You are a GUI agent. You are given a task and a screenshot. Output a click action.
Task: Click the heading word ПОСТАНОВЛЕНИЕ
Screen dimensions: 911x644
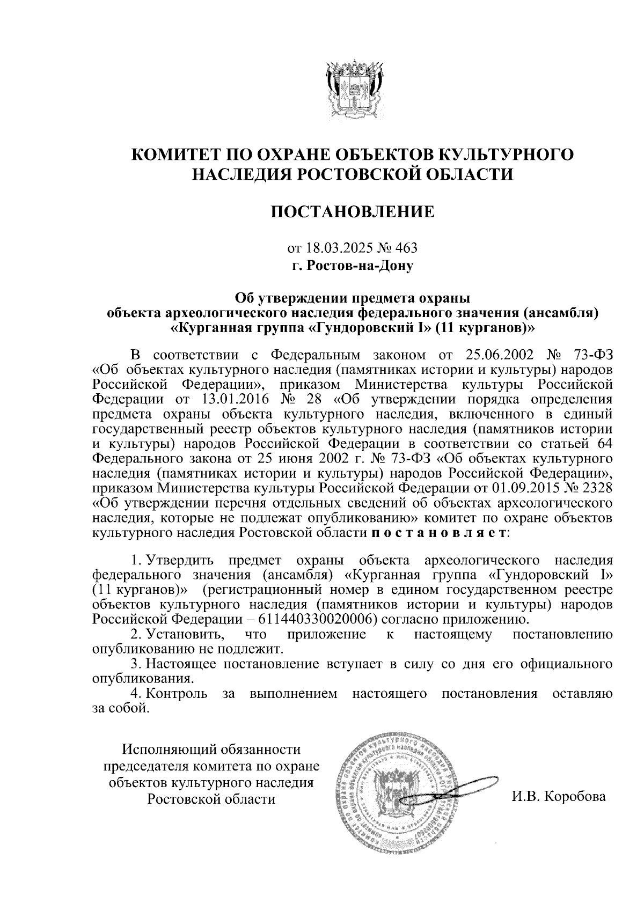coord(353,211)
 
